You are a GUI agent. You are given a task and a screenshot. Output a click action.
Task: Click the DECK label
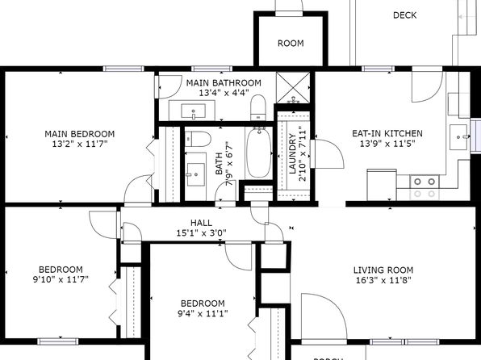click(404, 15)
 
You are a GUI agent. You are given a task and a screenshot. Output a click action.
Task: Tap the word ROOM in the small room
click(291, 44)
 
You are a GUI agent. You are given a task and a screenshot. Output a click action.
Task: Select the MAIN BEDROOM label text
click(80, 134)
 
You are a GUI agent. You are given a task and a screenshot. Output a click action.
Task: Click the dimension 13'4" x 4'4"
click(223, 93)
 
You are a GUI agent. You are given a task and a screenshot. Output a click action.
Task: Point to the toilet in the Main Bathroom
click(258, 107)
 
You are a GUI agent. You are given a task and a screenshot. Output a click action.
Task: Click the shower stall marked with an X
click(293, 87)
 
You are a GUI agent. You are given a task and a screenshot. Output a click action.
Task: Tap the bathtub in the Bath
click(259, 153)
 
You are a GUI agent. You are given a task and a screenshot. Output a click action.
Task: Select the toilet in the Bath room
click(198, 139)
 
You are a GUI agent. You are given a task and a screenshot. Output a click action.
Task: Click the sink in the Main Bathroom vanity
click(193, 111)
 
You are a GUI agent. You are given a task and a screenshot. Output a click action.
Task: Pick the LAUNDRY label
click(292, 153)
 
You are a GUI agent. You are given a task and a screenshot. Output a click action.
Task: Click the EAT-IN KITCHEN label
click(387, 133)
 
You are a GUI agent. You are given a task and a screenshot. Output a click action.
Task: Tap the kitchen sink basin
click(459, 137)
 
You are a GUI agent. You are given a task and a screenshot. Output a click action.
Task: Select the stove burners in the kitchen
click(425, 187)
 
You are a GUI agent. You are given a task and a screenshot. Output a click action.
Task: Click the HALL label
click(201, 223)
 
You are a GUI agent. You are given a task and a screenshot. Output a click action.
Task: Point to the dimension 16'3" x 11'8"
click(383, 280)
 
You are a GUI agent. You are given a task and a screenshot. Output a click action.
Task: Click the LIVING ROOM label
click(383, 270)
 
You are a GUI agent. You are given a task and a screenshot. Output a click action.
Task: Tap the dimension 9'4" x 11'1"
click(203, 313)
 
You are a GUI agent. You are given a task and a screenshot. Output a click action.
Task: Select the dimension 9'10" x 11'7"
click(61, 279)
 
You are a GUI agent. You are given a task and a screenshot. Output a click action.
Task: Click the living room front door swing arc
click(333, 303)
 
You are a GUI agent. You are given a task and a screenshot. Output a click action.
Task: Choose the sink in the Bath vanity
click(196, 174)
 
